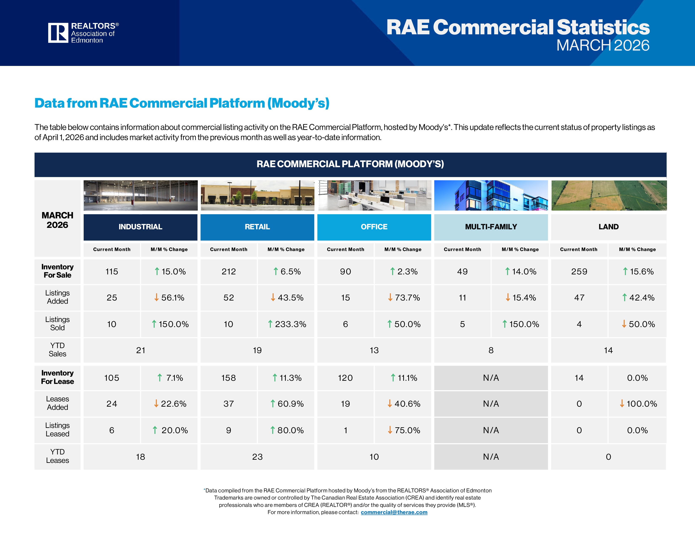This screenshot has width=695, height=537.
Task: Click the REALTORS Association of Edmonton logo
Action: click(x=83, y=33)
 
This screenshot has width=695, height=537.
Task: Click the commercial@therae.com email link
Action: click(x=394, y=512)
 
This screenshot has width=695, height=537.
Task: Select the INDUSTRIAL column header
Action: click(x=140, y=227)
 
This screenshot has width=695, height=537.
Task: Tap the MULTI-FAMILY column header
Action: click(x=491, y=227)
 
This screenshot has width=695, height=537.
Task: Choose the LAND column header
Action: click(x=608, y=227)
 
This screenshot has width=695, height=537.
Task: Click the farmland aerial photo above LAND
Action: click(x=609, y=195)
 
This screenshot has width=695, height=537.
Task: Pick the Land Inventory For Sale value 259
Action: click(x=579, y=272)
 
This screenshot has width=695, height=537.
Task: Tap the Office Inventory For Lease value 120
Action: click(x=345, y=378)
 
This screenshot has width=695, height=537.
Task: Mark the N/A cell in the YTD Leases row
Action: click(x=491, y=457)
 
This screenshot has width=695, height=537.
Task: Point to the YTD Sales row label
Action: click(x=57, y=350)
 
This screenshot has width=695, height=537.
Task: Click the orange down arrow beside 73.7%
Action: click(x=390, y=297)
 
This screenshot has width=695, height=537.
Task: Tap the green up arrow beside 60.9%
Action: click(x=273, y=404)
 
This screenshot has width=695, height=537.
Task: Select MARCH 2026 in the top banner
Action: click(x=603, y=45)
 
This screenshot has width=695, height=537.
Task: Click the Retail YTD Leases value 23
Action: click(x=257, y=457)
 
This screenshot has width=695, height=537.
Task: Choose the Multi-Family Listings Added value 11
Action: click(x=462, y=298)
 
